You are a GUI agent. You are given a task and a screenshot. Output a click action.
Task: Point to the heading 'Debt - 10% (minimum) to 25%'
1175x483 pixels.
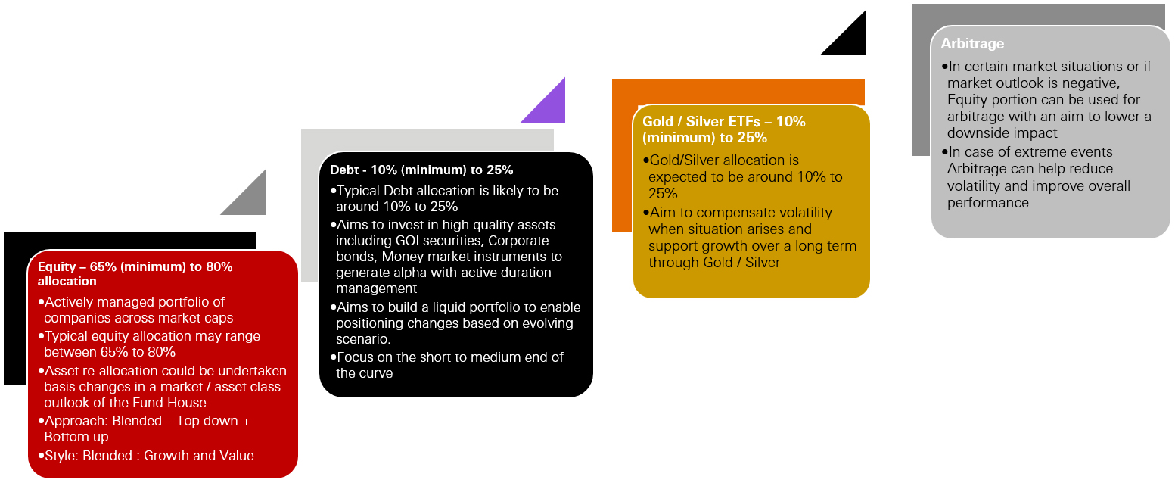tap(421, 170)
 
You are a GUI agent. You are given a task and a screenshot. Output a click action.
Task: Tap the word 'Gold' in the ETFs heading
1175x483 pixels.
tap(657, 121)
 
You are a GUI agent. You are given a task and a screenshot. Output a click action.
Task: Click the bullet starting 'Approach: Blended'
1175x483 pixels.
tap(148, 428)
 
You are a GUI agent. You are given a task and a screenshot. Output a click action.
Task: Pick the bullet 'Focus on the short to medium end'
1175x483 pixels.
tap(449, 365)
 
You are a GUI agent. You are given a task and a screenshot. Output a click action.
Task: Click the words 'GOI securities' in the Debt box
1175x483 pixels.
tap(439, 241)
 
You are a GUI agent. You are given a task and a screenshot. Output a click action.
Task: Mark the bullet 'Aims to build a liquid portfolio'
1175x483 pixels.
tap(458, 323)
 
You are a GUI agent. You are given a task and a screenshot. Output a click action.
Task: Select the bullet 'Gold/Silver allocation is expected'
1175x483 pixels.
tap(745, 176)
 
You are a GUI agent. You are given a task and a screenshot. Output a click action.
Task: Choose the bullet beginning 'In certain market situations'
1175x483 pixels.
tap(1048, 99)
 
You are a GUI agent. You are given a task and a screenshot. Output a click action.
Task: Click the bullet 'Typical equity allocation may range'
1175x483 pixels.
tap(151, 344)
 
